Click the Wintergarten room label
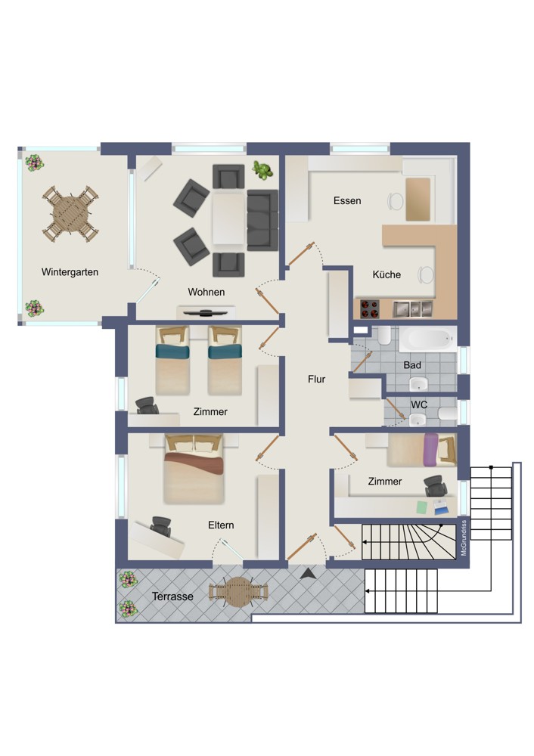70,272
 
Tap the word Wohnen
206,292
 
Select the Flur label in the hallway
316,379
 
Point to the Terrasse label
172,596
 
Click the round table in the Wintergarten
71,214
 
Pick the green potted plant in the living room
262,170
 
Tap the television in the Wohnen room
206,313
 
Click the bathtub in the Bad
427,339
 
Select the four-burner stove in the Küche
370,309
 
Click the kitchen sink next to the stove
412,309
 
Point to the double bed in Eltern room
194,469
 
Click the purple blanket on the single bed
431,450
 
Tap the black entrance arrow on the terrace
309,574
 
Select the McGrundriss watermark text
464,538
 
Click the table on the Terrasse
238,592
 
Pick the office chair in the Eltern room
161,526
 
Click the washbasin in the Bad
418,384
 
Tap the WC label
419,404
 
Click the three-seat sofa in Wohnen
262,220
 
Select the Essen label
347,200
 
